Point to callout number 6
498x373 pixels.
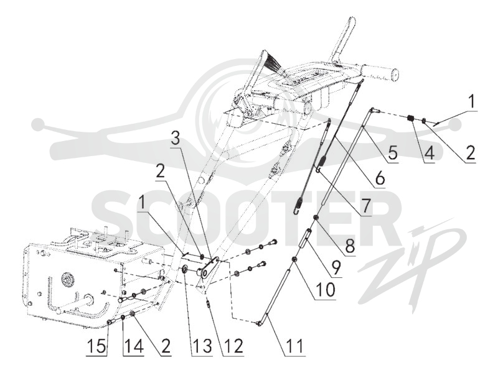(x=379, y=178)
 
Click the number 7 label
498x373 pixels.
(x=366, y=206)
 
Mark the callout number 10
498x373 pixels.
(x=324, y=290)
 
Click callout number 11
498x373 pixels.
(x=294, y=346)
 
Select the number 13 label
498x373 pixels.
(x=202, y=346)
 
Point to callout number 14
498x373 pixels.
(x=133, y=346)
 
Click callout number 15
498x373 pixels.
(x=96, y=346)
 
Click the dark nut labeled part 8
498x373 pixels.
(x=316, y=217)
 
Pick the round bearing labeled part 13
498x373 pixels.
(x=184, y=270)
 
